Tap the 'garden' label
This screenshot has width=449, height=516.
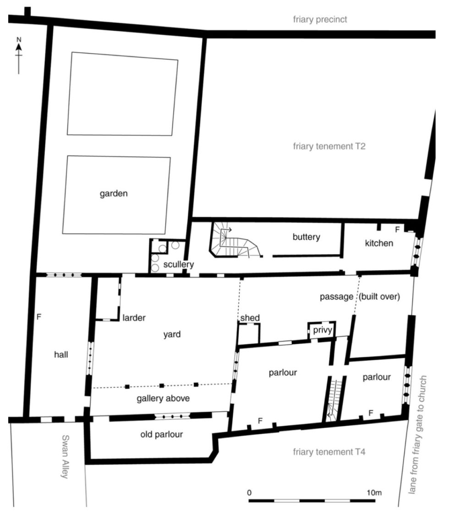[114, 194]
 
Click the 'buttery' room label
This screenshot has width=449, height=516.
[306, 237]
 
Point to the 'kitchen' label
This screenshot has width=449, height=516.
[379, 243]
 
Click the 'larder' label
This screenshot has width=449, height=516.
[134, 317]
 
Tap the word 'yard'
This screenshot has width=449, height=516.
[172, 334]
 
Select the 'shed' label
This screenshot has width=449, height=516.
[249, 318]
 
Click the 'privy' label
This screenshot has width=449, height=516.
[322, 330]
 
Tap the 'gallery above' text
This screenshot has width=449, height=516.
[163, 399]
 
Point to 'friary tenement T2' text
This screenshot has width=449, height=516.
[326, 147]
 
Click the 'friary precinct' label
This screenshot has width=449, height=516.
[320, 19]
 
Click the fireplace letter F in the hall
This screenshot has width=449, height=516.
[39, 316]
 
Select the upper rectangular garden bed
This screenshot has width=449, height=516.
[122, 94]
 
